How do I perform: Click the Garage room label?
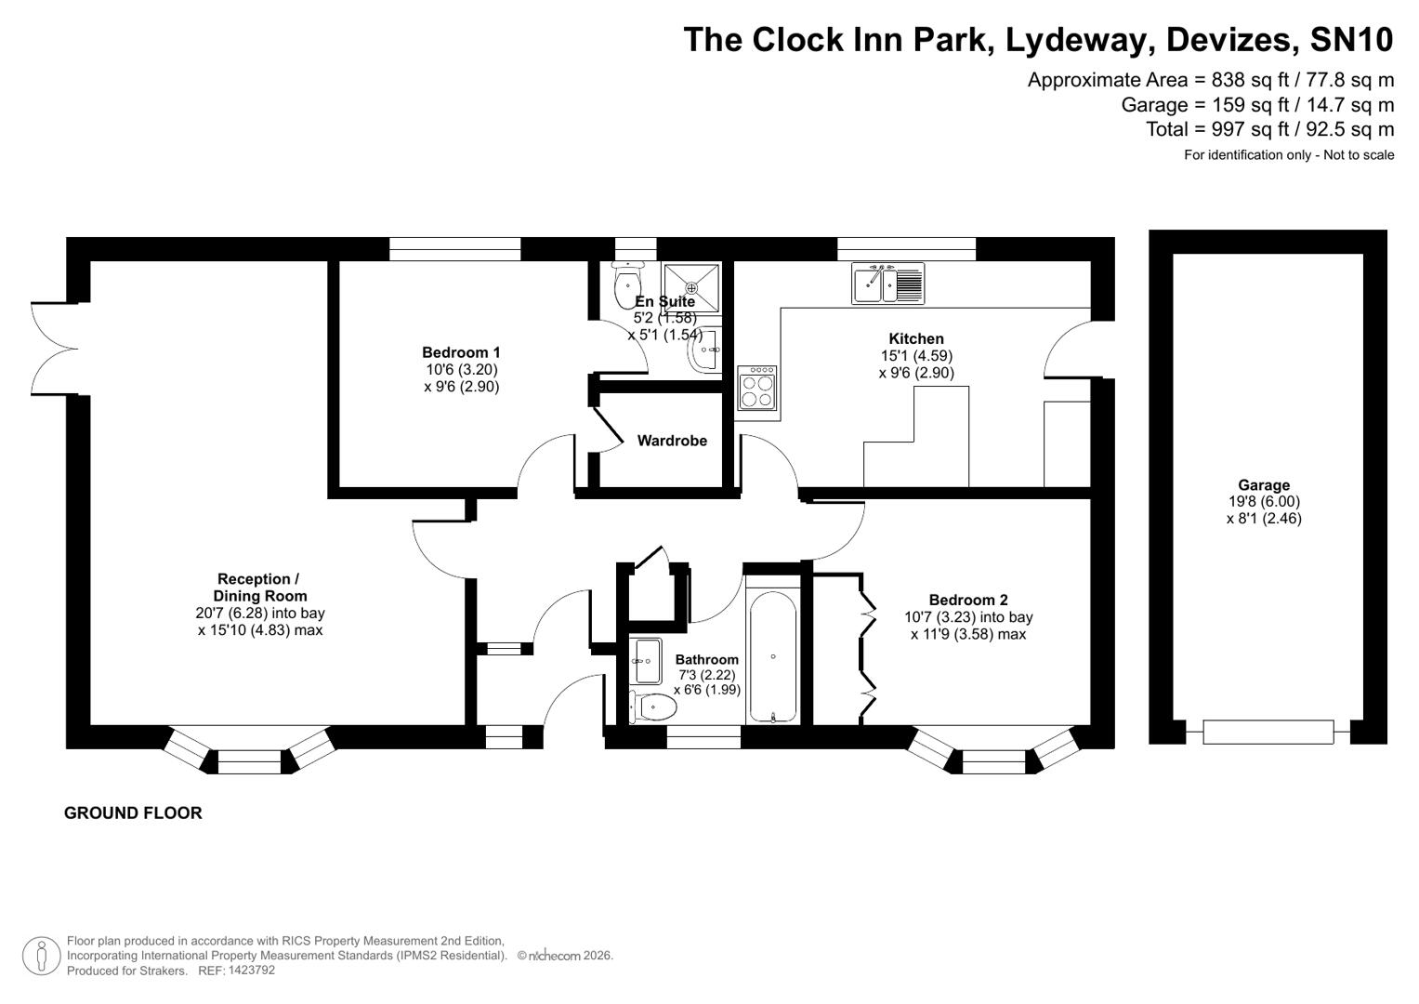pos(1263,484)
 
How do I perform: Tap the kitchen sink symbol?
pos(887,283)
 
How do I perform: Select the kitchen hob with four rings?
pos(757,389)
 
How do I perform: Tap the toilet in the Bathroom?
pos(654,707)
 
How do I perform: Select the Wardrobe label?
pos(672,441)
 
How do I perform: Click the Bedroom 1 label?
pos(461,352)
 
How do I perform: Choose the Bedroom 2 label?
pos(968,600)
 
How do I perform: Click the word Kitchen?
pos(916,338)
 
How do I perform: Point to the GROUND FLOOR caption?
pos(133,812)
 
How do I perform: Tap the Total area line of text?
pos(1269,129)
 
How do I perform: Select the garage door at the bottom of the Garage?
pos(1268,732)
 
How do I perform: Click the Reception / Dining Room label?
pos(259,588)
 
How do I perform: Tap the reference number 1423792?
pos(246,970)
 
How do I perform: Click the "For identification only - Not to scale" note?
pos(1288,155)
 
